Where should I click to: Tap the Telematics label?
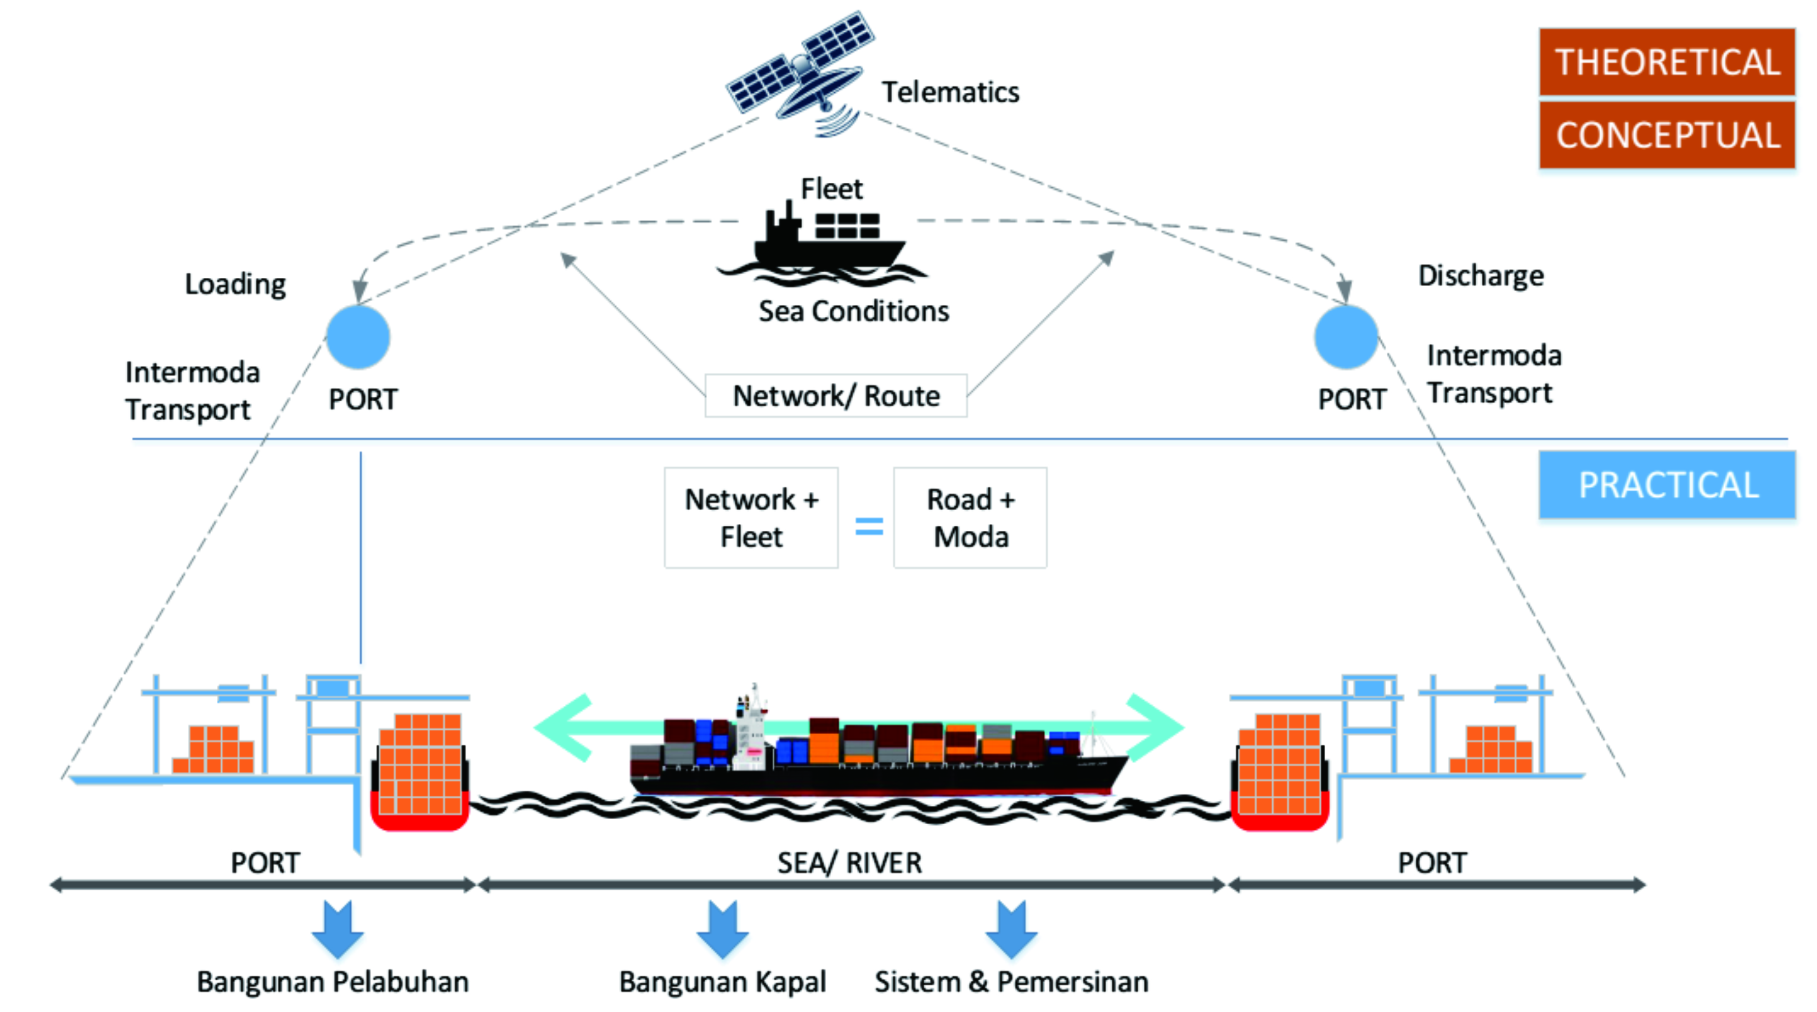(950, 92)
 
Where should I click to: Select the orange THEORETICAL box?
(1667, 62)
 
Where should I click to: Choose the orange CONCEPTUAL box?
(1667, 134)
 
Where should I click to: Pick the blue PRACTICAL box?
(1667, 485)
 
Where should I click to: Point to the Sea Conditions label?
(854, 311)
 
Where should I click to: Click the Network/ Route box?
(836, 396)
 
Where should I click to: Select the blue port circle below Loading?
(359, 337)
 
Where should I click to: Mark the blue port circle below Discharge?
(1346, 337)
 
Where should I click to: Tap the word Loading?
(235, 284)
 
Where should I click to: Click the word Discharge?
(1481, 276)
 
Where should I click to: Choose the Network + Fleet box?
(751, 517)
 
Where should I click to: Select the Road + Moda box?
(970, 517)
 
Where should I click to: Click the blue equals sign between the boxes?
(869, 526)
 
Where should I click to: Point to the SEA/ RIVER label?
(849, 863)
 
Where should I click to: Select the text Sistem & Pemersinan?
(1012, 981)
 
